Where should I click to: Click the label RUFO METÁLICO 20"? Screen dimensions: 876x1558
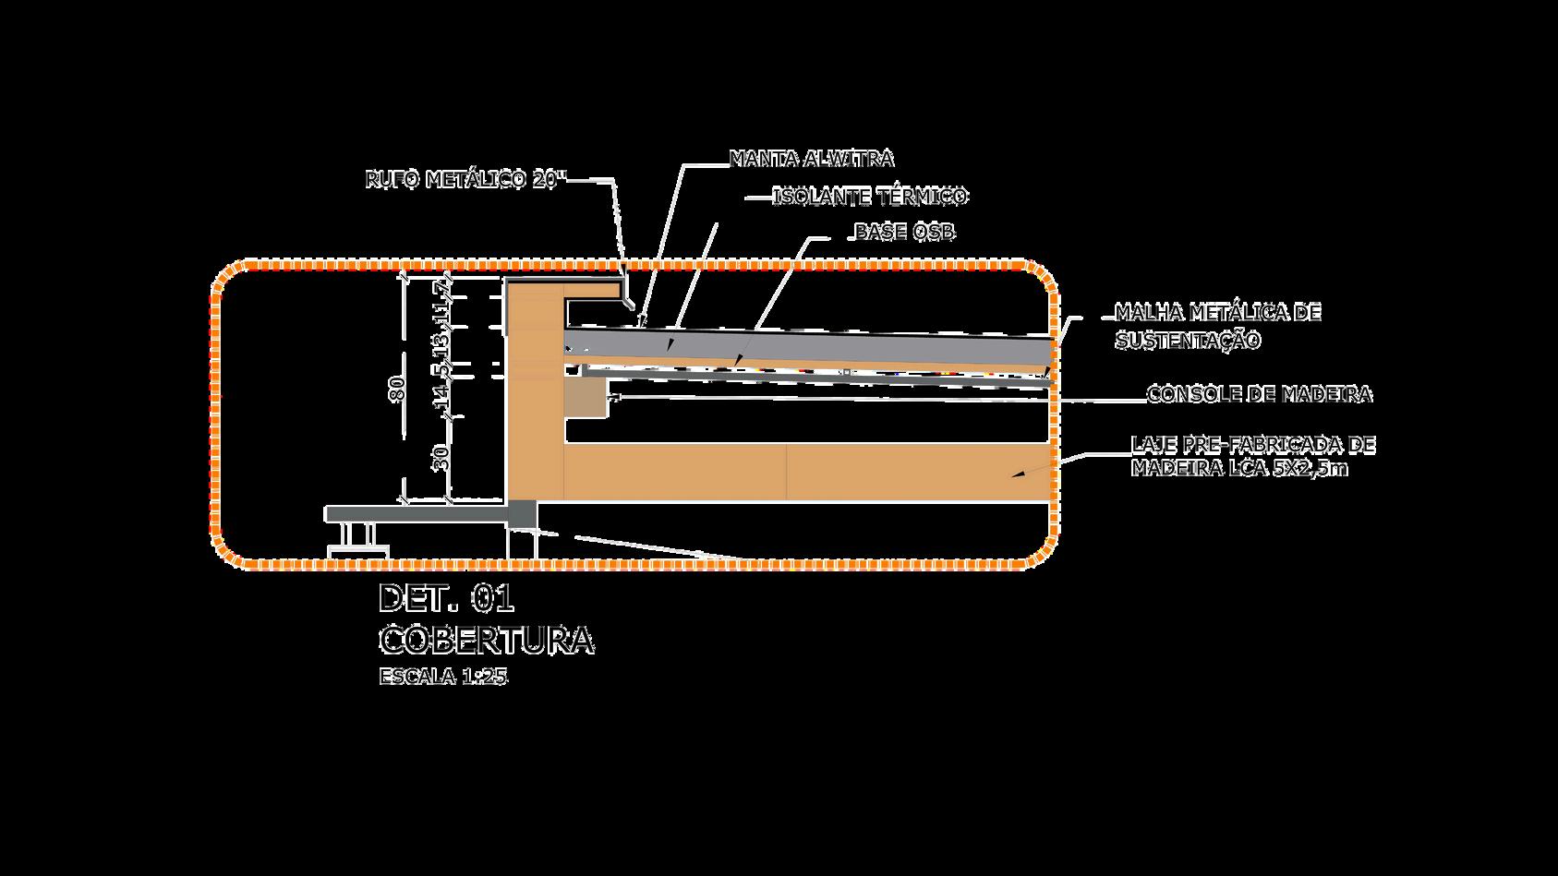point(465,180)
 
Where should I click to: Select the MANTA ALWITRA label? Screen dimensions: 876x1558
point(811,159)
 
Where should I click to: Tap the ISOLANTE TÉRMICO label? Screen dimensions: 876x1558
point(869,197)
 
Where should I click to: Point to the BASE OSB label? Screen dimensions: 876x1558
point(904,232)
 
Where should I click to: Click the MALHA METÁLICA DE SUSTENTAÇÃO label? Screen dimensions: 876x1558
point(1217,327)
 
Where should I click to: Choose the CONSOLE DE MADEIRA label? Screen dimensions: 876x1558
point(1259,395)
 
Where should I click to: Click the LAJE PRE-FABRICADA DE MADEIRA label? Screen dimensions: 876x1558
point(1253,457)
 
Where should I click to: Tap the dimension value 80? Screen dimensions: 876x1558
point(398,389)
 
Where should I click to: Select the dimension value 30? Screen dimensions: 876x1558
point(442,458)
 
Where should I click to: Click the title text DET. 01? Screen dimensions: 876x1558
point(445,600)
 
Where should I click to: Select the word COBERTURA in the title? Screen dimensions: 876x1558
point(486,640)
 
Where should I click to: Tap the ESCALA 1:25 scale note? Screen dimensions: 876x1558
point(443,677)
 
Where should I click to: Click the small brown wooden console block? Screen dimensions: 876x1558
point(585,399)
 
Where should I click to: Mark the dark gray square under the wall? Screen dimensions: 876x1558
point(522,514)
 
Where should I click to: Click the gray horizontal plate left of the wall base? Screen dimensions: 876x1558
point(416,512)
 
